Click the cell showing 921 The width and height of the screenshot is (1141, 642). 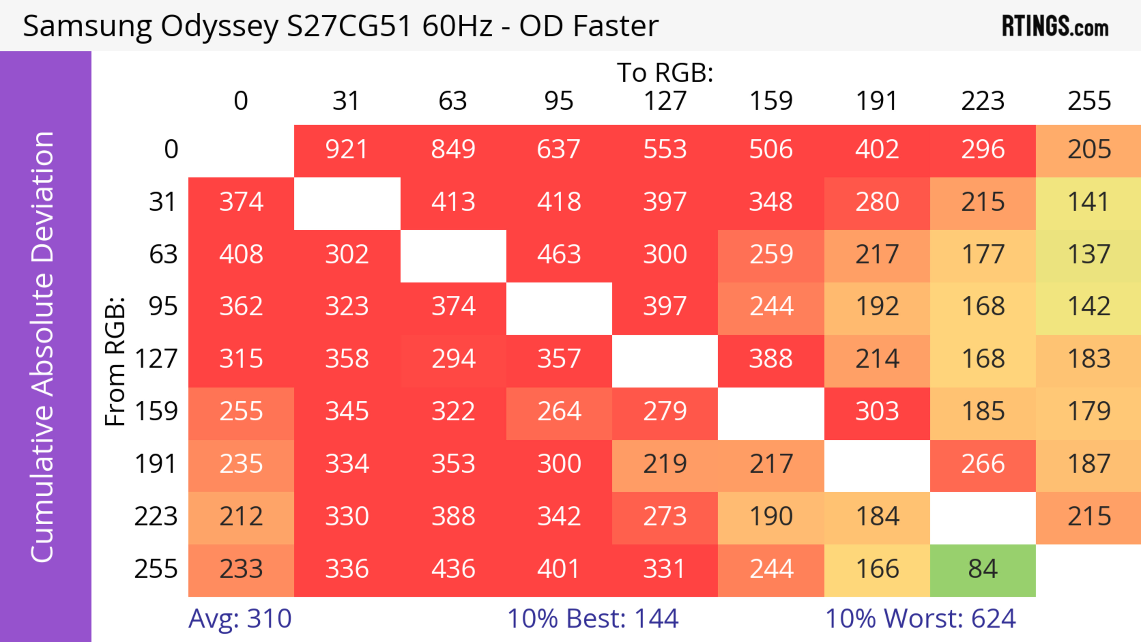pyautogui.click(x=347, y=150)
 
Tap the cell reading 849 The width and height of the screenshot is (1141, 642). pyautogui.click(x=453, y=150)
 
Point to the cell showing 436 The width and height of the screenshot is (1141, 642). pyautogui.click(x=453, y=570)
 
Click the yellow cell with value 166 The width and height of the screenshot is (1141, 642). pyautogui.click(x=877, y=570)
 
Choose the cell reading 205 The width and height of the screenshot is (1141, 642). pyautogui.click(x=1089, y=150)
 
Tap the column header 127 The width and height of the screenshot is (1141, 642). pyautogui.click(x=665, y=101)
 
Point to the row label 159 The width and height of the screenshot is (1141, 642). pyautogui.click(x=156, y=412)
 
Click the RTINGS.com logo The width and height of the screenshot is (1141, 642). pyautogui.click(x=1055, y=26)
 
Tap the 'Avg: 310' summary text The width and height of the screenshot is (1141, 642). pyautogui.click(x=239, y=619)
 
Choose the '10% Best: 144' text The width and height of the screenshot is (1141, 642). pyautogui.click(x=593, y=619)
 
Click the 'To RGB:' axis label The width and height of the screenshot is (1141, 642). pyautogui.click(x=665, y=73)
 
